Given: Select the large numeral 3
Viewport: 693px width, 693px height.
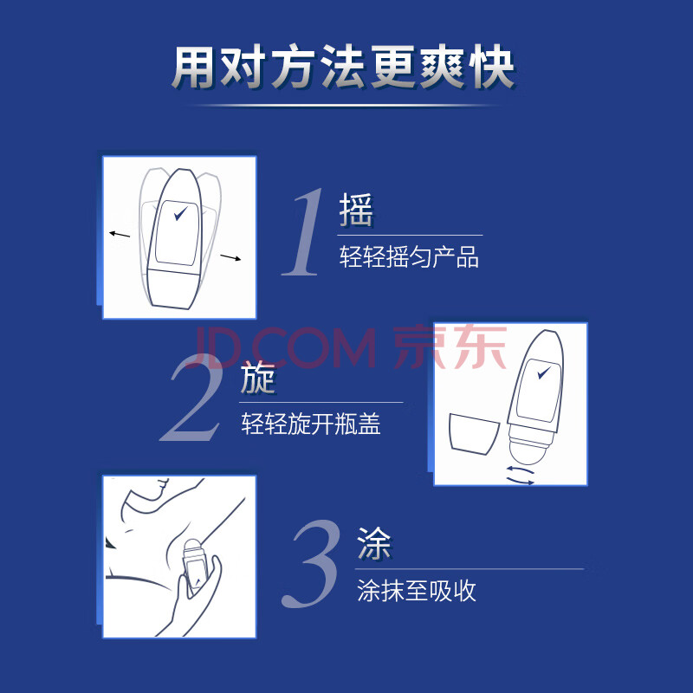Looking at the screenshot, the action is [312, 564].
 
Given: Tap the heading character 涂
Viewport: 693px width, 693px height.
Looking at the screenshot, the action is [374, 544].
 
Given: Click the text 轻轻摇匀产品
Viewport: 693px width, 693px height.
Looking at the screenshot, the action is [409, 257].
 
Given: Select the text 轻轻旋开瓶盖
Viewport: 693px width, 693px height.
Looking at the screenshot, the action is [311, 424].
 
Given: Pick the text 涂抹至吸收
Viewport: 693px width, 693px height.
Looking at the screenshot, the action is [417, 591].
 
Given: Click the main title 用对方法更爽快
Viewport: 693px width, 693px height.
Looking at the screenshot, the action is [343, 67].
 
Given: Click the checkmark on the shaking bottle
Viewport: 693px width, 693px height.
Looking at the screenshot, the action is [180, 213].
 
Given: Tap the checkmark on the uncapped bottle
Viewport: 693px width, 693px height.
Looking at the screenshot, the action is [544, 372].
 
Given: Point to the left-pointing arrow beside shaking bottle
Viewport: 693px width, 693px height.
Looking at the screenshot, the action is [120, 234].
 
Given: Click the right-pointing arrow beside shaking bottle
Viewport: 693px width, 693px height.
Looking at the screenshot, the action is [230, 257].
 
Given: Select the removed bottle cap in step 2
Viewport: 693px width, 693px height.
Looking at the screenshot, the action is [474, 434].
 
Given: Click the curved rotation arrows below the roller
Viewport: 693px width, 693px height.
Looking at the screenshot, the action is [521, 476].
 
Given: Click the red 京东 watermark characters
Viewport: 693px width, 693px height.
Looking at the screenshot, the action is [450, 346].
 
